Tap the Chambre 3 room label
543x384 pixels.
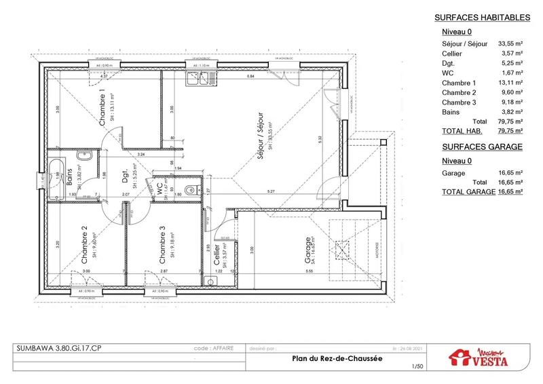click(162, 248)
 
